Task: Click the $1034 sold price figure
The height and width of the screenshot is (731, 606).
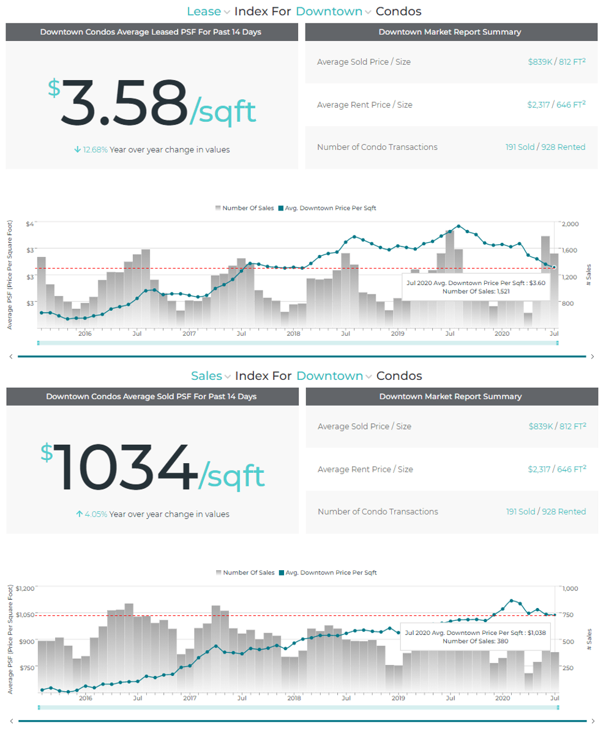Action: (152, 468)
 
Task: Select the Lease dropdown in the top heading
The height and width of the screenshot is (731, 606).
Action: (208, 12)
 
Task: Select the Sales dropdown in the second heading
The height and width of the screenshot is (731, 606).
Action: (211, 376)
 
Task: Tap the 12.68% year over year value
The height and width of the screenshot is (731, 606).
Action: (95, 150)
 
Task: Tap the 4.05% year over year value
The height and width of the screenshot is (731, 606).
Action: (95, 514)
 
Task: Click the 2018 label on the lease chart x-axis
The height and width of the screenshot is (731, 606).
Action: (293, 333)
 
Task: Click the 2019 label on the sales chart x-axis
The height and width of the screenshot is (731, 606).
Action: (398, 698)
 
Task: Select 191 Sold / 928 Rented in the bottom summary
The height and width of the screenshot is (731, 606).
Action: (545, 511)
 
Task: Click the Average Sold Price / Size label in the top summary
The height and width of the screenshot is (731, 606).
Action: (364, 62)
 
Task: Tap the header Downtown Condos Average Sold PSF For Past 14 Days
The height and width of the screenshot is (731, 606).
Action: (151, 396)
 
